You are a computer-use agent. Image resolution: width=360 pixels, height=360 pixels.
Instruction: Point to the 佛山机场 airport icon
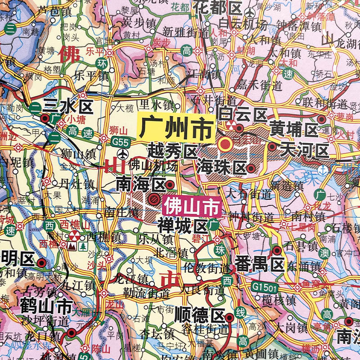(123, 164)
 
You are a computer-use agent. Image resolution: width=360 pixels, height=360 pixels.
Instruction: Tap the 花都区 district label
(218, 8)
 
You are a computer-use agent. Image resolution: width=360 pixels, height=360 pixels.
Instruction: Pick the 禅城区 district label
(181, 224)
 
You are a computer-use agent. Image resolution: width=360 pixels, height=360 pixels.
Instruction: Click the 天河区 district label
(305, 150)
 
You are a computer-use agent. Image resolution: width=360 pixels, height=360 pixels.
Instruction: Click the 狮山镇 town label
(79, 153)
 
